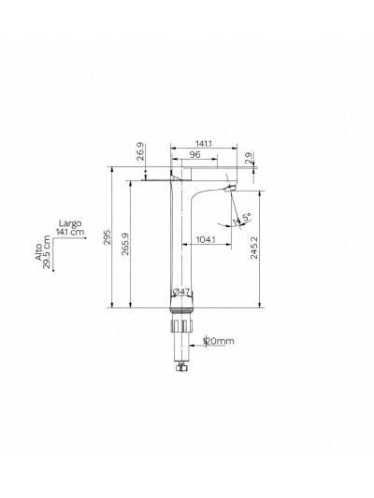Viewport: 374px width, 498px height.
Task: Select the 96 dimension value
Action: tap(196, 155)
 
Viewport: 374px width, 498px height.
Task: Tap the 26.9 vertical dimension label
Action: tap(140, 152)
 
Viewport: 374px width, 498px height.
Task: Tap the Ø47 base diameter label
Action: tap(183, 293)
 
